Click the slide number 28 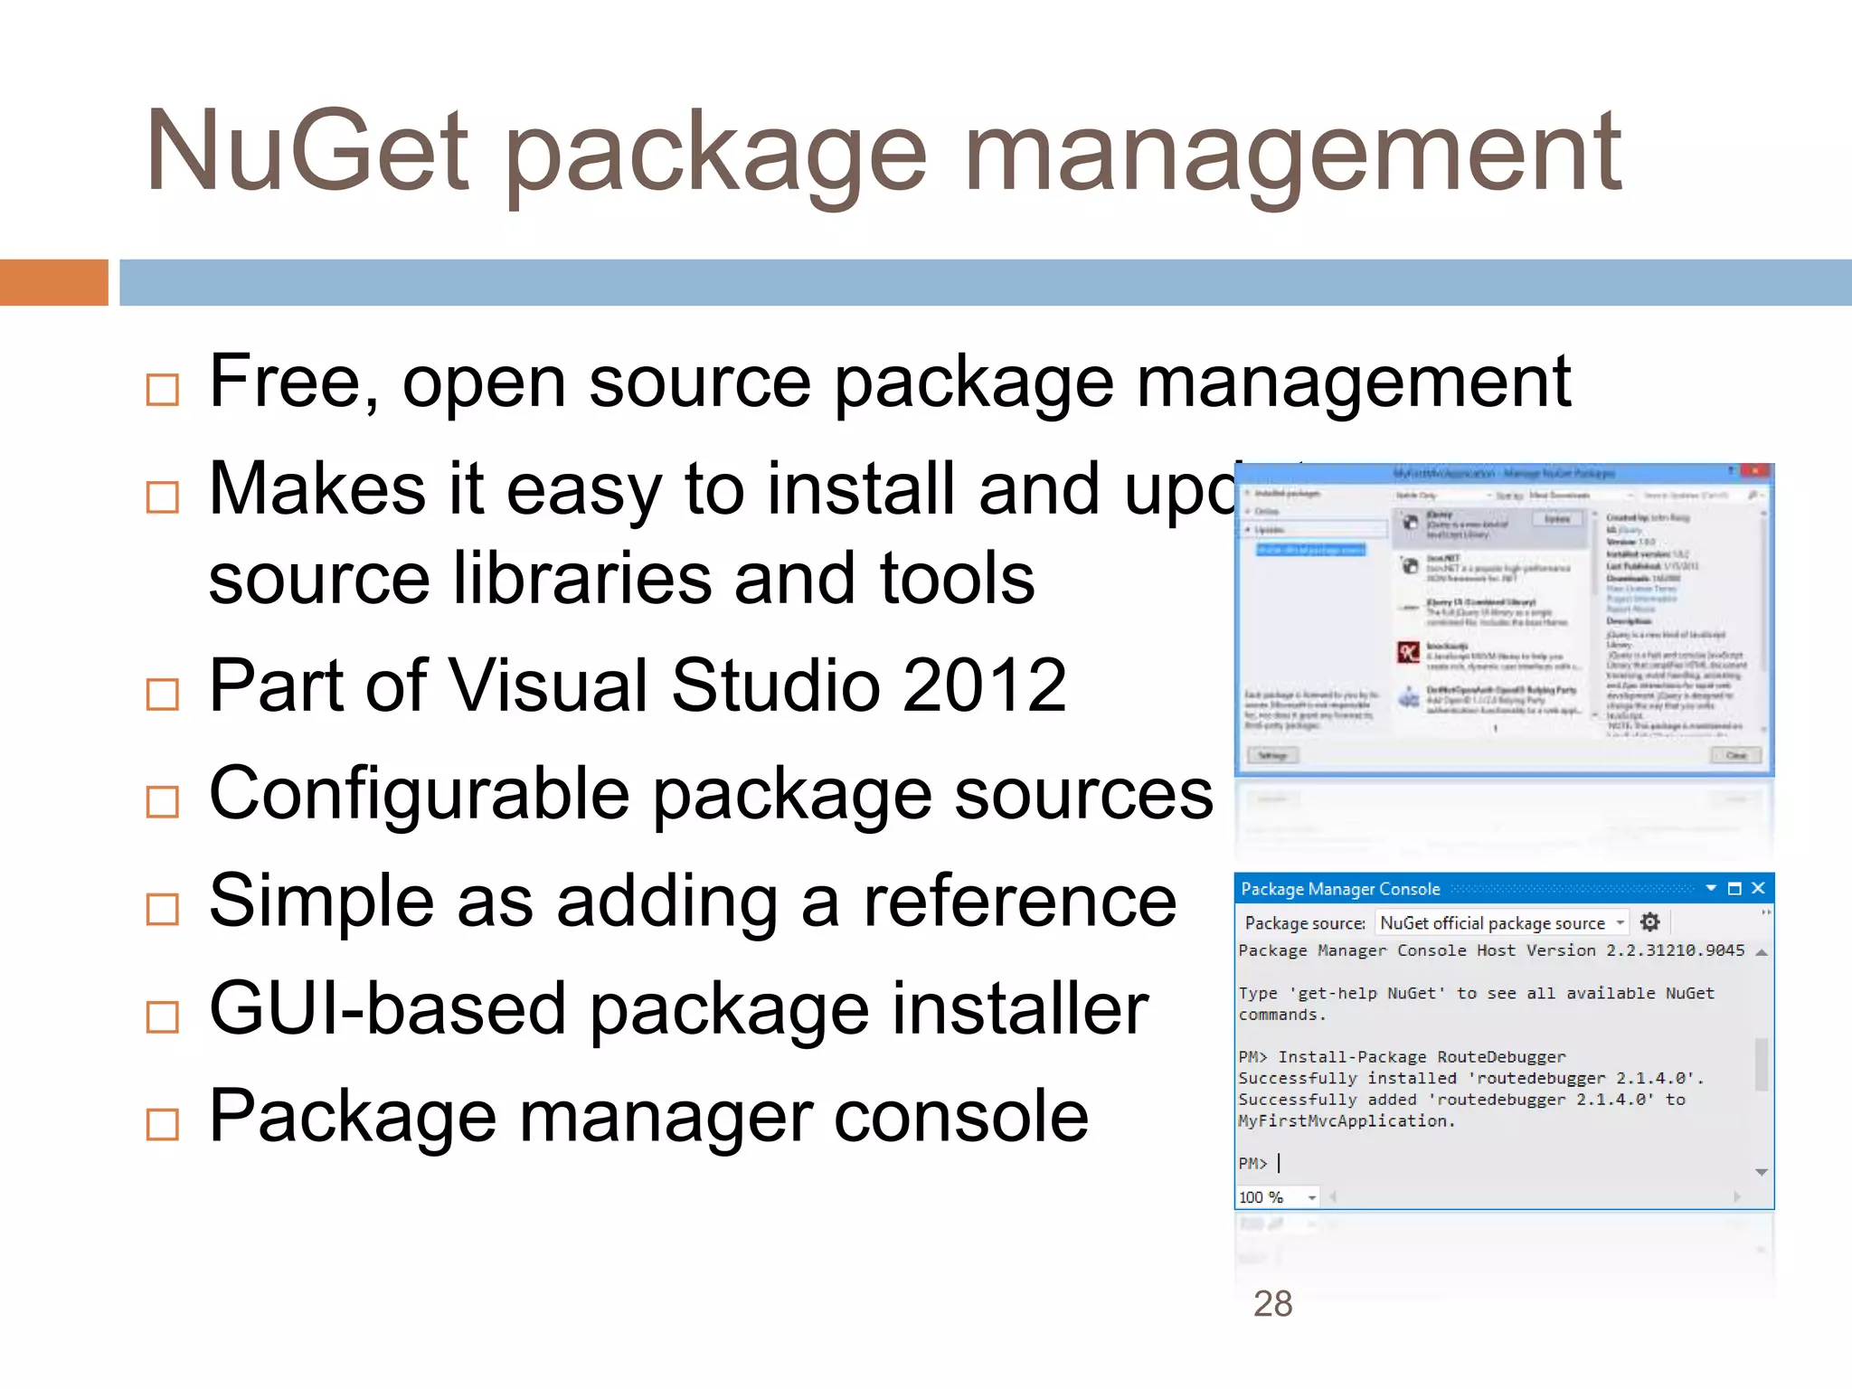(1272, 1303)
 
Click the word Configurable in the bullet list (419, 794)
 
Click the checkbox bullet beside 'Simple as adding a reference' (163, 909)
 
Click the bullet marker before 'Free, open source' (163, 390)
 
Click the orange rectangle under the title (53, 282)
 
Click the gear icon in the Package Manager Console (1649, 922)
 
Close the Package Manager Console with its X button (1758, 888)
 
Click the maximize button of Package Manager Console (1734, 888)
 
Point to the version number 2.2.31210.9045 (1675, 950)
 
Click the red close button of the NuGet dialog (1754, 471)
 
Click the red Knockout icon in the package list (1409, 651)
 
